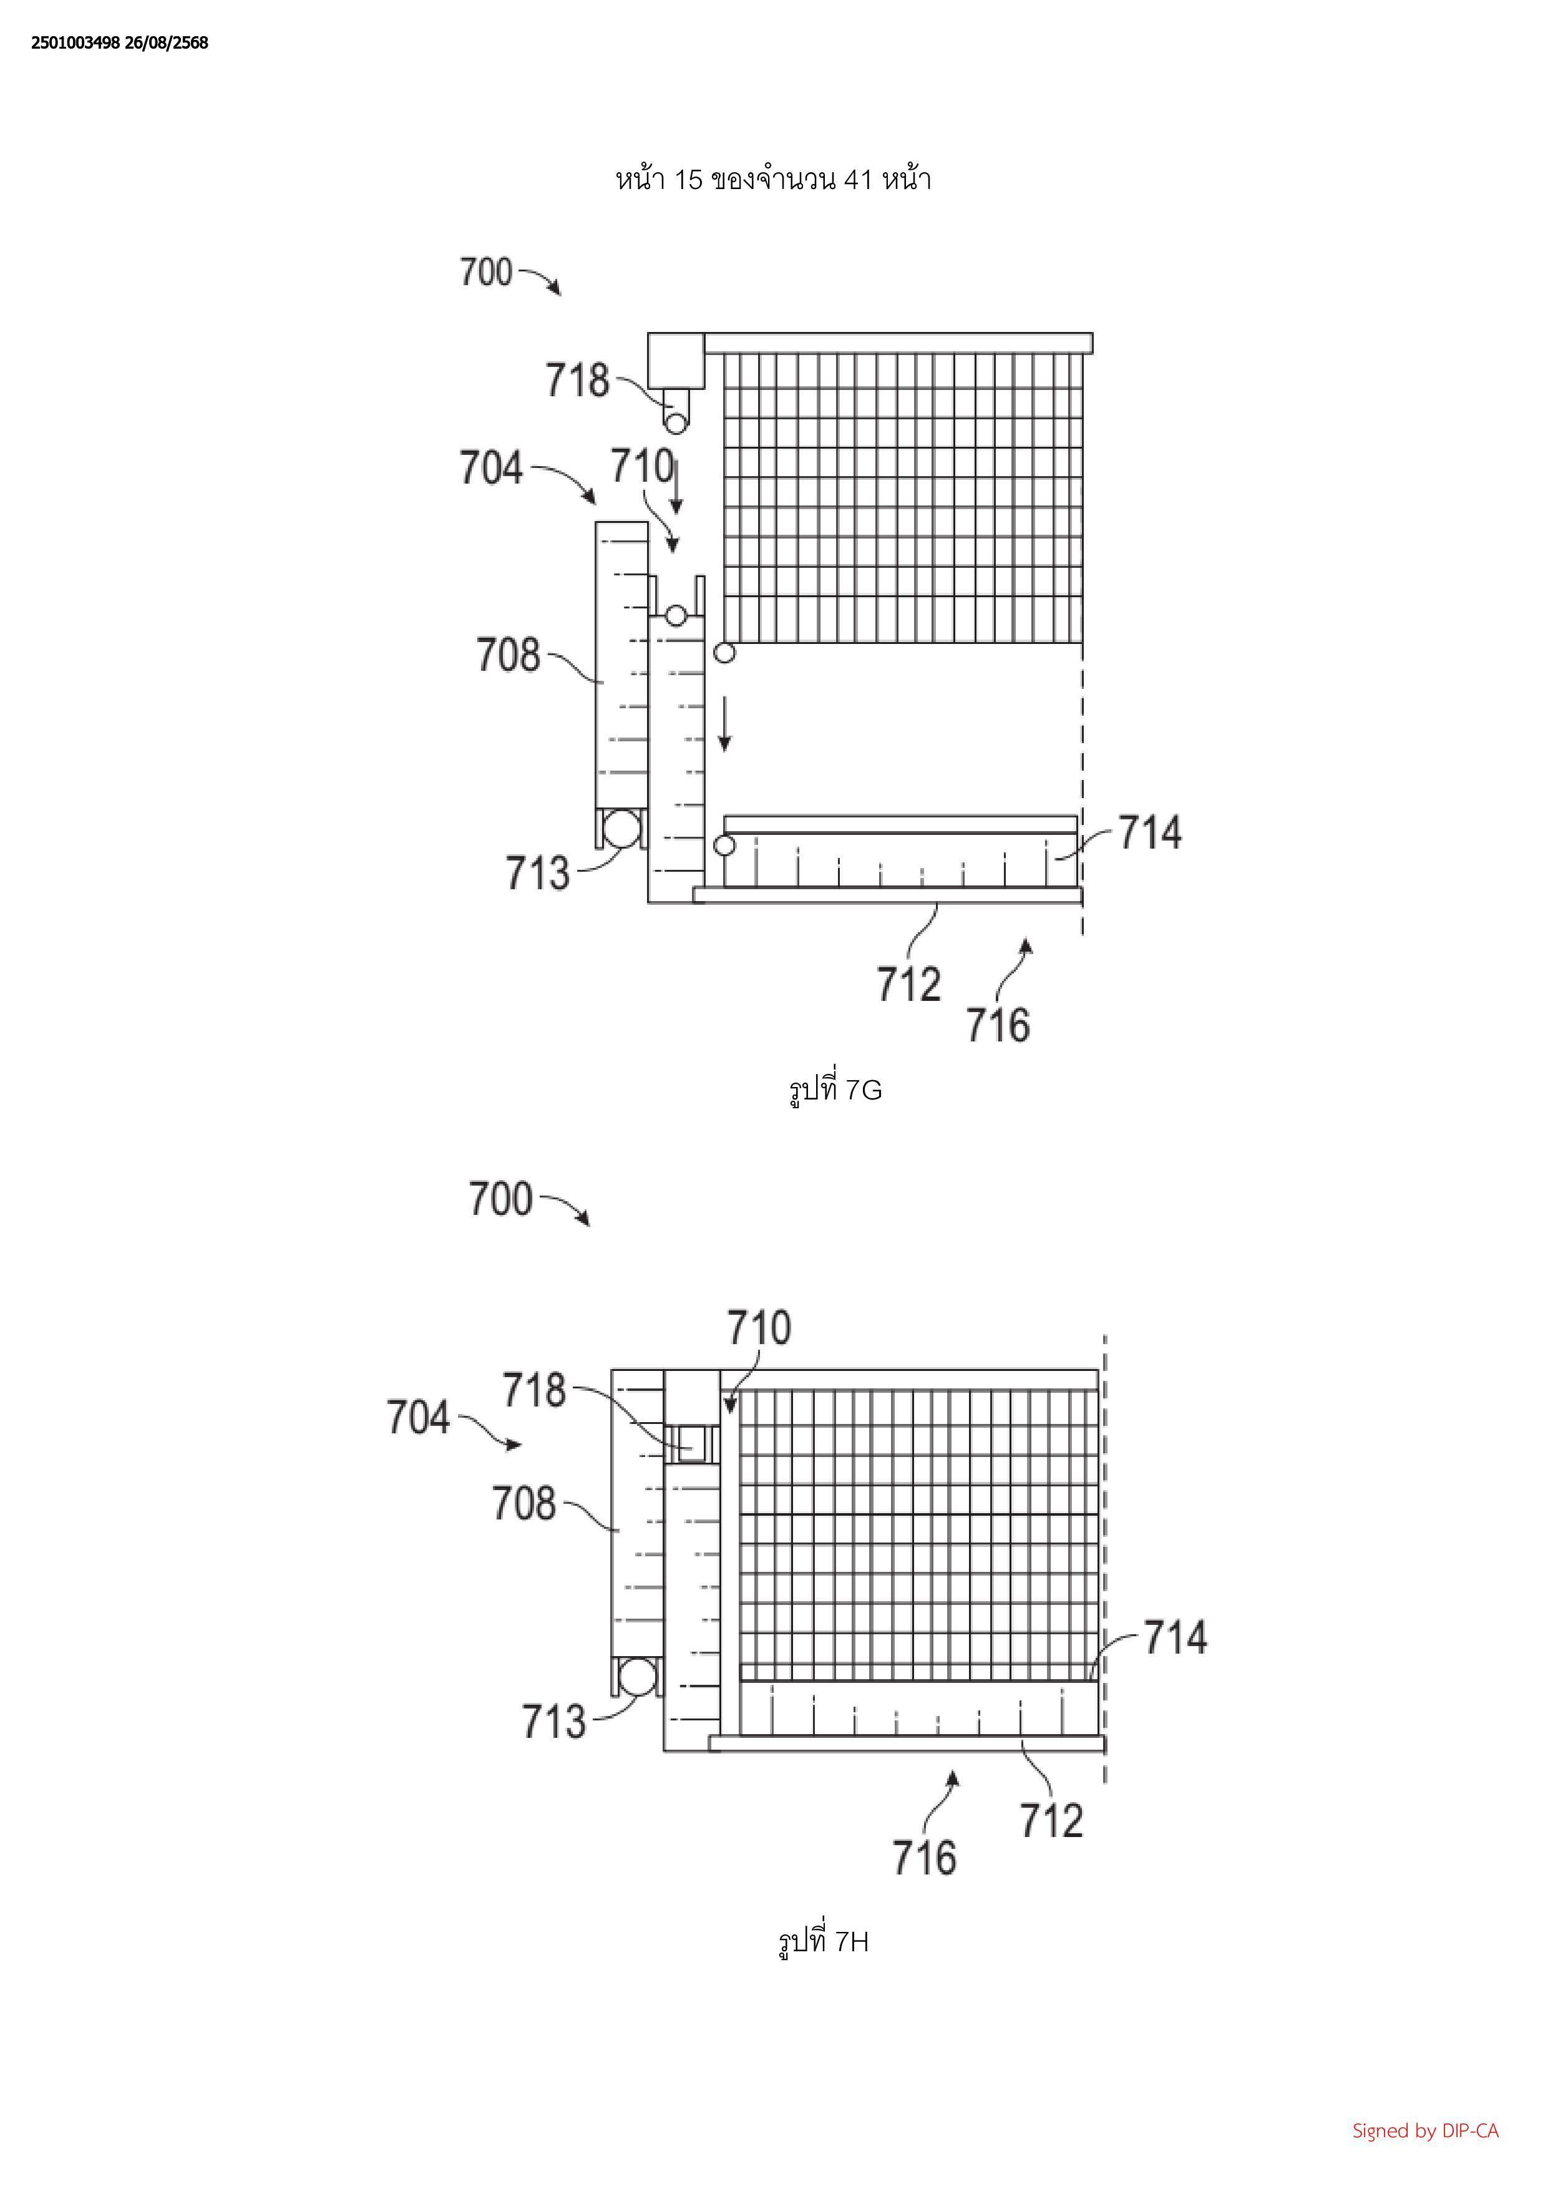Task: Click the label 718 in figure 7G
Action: click(577, 381)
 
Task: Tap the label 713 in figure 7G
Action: click(537, 874)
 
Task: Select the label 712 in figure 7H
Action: click(1051, 1820)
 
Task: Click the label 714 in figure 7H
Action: click(1174, 1637)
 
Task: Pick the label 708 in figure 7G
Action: click(508, 656)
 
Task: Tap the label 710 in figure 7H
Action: click(759, 1328)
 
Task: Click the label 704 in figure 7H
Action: click(417, 1418)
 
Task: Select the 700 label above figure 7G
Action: click(486, 273)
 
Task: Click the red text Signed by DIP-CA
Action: click(1425, 2130)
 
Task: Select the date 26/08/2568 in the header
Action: click(166, 43)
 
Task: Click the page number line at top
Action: click(773, 179)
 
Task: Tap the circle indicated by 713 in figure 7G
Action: click(621, 827)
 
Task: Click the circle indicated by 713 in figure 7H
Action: click(638, 1675)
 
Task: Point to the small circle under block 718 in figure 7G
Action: click(676, 421)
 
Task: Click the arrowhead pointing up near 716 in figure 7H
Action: click(952, 1775)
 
